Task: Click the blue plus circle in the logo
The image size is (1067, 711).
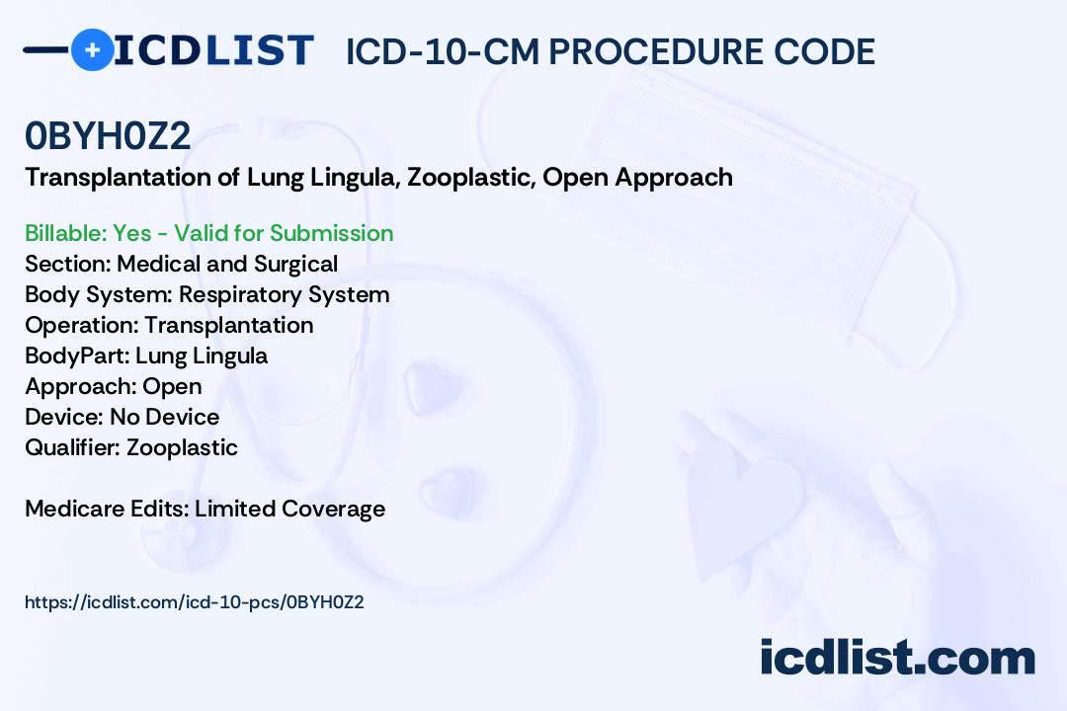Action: coord(92,49)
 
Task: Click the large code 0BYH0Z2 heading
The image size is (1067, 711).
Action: coord(108,135)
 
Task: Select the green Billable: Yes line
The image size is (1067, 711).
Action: coord(208,233)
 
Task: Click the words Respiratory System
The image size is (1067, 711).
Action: coord(284,294)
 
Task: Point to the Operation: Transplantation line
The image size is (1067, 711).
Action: coord(170,325)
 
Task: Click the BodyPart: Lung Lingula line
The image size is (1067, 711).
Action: coord(146,355)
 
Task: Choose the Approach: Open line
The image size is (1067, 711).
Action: coord(113,386)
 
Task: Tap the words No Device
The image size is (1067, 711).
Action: coord(165,417)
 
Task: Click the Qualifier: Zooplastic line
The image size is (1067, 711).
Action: coord(131,447)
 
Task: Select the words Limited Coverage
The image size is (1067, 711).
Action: coord(289,509)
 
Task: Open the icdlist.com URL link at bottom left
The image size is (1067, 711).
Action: coord(194,602)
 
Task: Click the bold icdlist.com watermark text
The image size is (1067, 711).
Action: coord(897,658)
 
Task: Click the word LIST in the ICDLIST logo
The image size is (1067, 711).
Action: coord(259,50)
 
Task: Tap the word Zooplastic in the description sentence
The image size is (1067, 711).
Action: coord(469,178)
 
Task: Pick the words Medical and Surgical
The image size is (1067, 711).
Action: coord(227,264)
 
